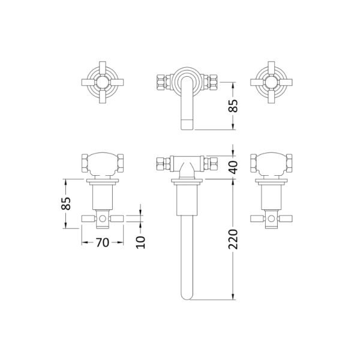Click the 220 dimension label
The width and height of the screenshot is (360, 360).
tap(233, 239)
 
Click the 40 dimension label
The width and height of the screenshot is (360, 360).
tap(233, 167)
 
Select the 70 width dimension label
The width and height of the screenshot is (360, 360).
tap(103, 242)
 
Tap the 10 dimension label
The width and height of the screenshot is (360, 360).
tap(141, 242)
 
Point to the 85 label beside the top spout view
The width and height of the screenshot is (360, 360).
tap(233, 106)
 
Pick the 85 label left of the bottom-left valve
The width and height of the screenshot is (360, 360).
tap(66, 203)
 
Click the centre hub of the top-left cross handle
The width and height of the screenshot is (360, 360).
tap(103, 82)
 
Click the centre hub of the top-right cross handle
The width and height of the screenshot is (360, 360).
tap(271, 82)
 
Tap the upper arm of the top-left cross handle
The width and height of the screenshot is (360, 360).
tap(103, 68)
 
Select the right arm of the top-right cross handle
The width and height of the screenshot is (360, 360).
tap(286, 82)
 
